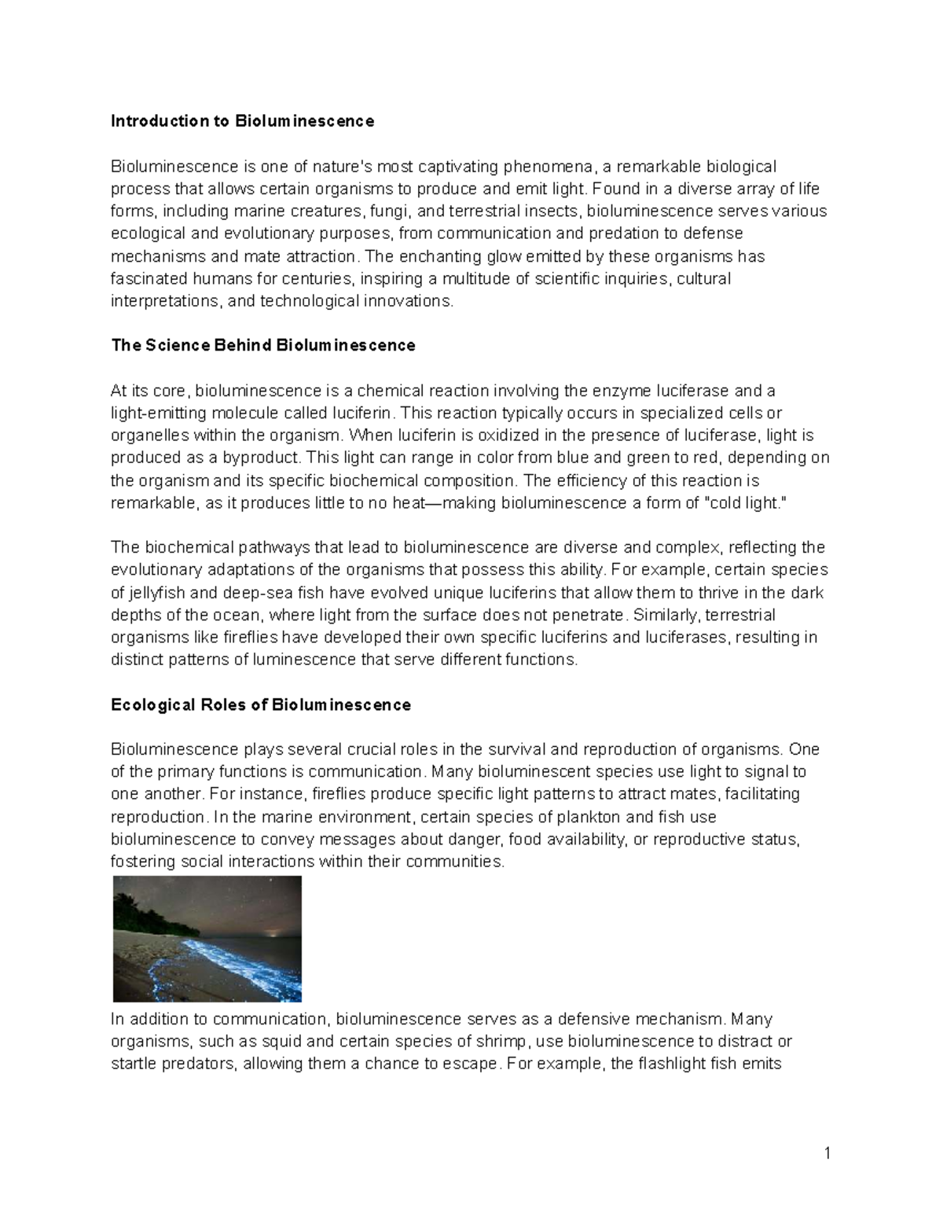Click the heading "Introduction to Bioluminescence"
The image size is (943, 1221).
pyautogui.click(x=242, y=121)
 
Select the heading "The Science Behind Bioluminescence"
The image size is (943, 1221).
pyautogui.click(x=262, y=345)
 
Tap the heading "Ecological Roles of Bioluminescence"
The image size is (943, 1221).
pyautogui.click(x=260, y=704)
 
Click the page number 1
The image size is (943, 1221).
pyautogui.click(x=827, y=1153)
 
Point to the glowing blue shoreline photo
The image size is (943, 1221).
pyautogui.click(x=207, y=938)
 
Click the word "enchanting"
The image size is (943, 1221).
pyautogui.click(x=440, y=256)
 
